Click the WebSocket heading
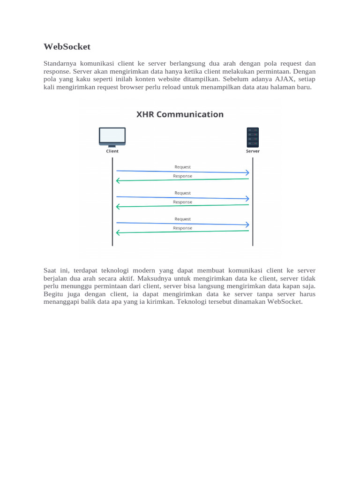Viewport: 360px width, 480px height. click(x=67, y=47)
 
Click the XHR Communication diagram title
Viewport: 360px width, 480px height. click(x=180, y=114)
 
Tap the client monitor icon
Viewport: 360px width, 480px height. click(x=112, y=136)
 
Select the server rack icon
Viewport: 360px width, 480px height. click(x=253, y=137)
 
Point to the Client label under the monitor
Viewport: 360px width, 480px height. click(x=112, y=151)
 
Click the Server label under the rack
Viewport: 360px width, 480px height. click(x=253, y=151)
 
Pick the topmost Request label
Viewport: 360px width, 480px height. click(x=182, y=167)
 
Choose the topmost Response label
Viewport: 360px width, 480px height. click(x=182, y=176)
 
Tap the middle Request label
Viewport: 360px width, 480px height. click(x=182, y=193)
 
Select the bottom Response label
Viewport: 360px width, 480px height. click(x=182, y=228)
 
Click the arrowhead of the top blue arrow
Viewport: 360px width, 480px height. click(x=247, y=173)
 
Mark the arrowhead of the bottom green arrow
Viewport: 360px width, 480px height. click(x=118, y=232)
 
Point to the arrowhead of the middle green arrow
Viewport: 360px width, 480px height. click(x=118, y=206)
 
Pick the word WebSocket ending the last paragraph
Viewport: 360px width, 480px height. click(x=285, y=302)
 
